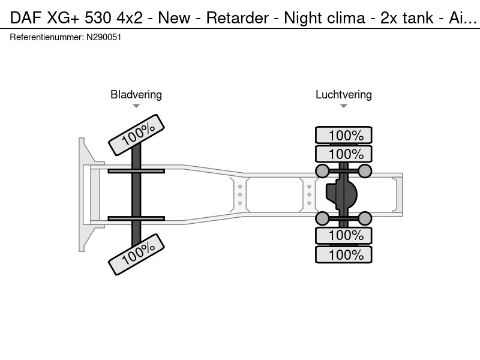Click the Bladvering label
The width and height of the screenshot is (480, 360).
pos(136,94)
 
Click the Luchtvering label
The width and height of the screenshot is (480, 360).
pos(343,94)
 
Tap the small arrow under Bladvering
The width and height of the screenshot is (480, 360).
pos(136,106)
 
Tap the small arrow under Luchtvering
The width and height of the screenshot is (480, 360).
pos(343,106)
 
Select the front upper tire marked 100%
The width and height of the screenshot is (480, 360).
pos(137,134)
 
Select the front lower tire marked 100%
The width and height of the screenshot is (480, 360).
pos(137,254)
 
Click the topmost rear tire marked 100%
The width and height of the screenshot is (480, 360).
pos(344,135)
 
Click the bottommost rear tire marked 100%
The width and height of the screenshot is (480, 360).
pos(344,254)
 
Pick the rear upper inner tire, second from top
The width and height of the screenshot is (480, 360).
pos(344,154)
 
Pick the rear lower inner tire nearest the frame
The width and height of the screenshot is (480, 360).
pos(344,235)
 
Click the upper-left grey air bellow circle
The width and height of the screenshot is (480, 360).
pos(322,172)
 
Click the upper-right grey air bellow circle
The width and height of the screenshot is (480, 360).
pos(365,172)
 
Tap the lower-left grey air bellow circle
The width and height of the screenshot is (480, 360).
pos(322,218)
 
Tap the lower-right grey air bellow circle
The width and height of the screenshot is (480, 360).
pos(365,218)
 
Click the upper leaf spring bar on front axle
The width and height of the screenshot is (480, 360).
pos(136,172)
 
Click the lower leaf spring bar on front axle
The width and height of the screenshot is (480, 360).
pos(136,218)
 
